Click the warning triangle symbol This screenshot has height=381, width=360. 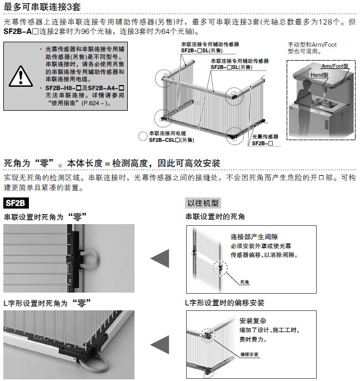pos(21,76)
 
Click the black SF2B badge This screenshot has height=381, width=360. pos(16,203)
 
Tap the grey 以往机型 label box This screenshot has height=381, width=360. pos(203,203)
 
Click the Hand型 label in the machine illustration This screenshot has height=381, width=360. pos(319,75)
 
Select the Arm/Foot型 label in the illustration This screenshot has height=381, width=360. pos(335,66)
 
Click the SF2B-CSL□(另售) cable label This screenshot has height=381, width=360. pos(171,140)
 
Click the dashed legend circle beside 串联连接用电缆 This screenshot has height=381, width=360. pos(143,136)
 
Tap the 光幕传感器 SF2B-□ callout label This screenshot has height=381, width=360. pos(265,140)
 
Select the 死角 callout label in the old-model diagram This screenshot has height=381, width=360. pos(244,282)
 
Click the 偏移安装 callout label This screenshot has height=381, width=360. pos(249,354)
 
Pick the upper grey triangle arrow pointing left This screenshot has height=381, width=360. pos(160,259)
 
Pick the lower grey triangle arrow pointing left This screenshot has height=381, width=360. pos(160,344)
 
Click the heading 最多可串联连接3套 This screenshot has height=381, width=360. pos(42,7)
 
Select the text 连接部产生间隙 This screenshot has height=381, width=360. pos(254,237)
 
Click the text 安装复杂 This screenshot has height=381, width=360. pos(253,321)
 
